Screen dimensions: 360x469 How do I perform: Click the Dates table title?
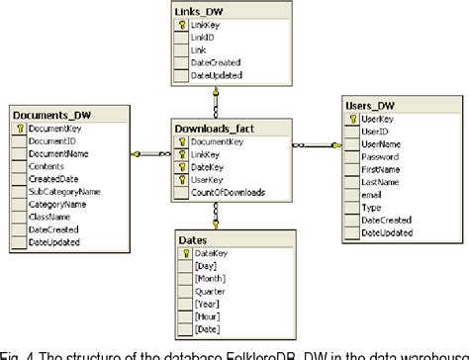pyautogui.click(x=193, y=238)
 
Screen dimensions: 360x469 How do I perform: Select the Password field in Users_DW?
pyautogui.click(x=379, y=157)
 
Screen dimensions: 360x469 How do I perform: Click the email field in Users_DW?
pyautogui.click(x=372, y=196)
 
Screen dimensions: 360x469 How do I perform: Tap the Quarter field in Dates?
pyautogui.click(x=211, y=292)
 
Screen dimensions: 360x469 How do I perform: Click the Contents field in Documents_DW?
pyautogui.click(x=47, y=167)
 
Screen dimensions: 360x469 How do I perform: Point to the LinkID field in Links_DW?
pyautogui.click(x=204, y=36)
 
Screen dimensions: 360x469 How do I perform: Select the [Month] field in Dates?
pyautogui.click(x=211, y=279)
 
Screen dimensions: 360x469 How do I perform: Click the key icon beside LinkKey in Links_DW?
pyautogui.click(x=183, y=24)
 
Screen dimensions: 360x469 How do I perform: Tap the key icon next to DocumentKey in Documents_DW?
pyautogui.click(x=19, y=129)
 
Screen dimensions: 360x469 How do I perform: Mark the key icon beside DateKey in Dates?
pyautogui.click(x=185, y=253)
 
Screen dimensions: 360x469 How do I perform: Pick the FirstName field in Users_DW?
pyautogui.click(x=381, y=170)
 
